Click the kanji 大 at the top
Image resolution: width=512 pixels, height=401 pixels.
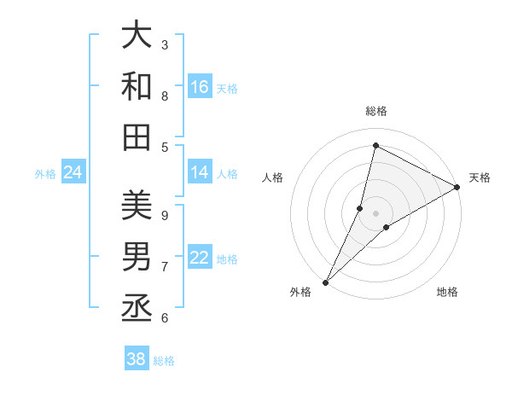137,38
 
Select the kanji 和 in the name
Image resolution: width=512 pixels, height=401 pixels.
137,86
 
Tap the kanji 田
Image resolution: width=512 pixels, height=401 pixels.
137,136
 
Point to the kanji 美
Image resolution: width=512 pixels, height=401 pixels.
137,206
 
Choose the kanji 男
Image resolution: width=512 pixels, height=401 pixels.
137,255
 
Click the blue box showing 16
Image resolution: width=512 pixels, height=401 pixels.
200,87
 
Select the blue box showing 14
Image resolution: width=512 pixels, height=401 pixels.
200,173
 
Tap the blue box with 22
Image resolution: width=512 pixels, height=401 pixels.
200,259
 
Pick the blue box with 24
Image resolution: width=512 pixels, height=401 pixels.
73,173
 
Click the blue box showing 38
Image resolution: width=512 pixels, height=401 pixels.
137,359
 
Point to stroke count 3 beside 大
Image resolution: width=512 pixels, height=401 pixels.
165,44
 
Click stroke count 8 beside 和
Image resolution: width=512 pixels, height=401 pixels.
165,96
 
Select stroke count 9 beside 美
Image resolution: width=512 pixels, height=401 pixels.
165,214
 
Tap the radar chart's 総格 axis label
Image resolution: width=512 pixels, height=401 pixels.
375,112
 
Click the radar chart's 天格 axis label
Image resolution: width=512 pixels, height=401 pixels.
480,177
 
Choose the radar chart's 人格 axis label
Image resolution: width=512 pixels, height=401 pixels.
273,177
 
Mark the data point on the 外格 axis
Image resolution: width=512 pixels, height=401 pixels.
325,282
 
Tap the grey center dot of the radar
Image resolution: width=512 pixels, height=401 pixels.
375,213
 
